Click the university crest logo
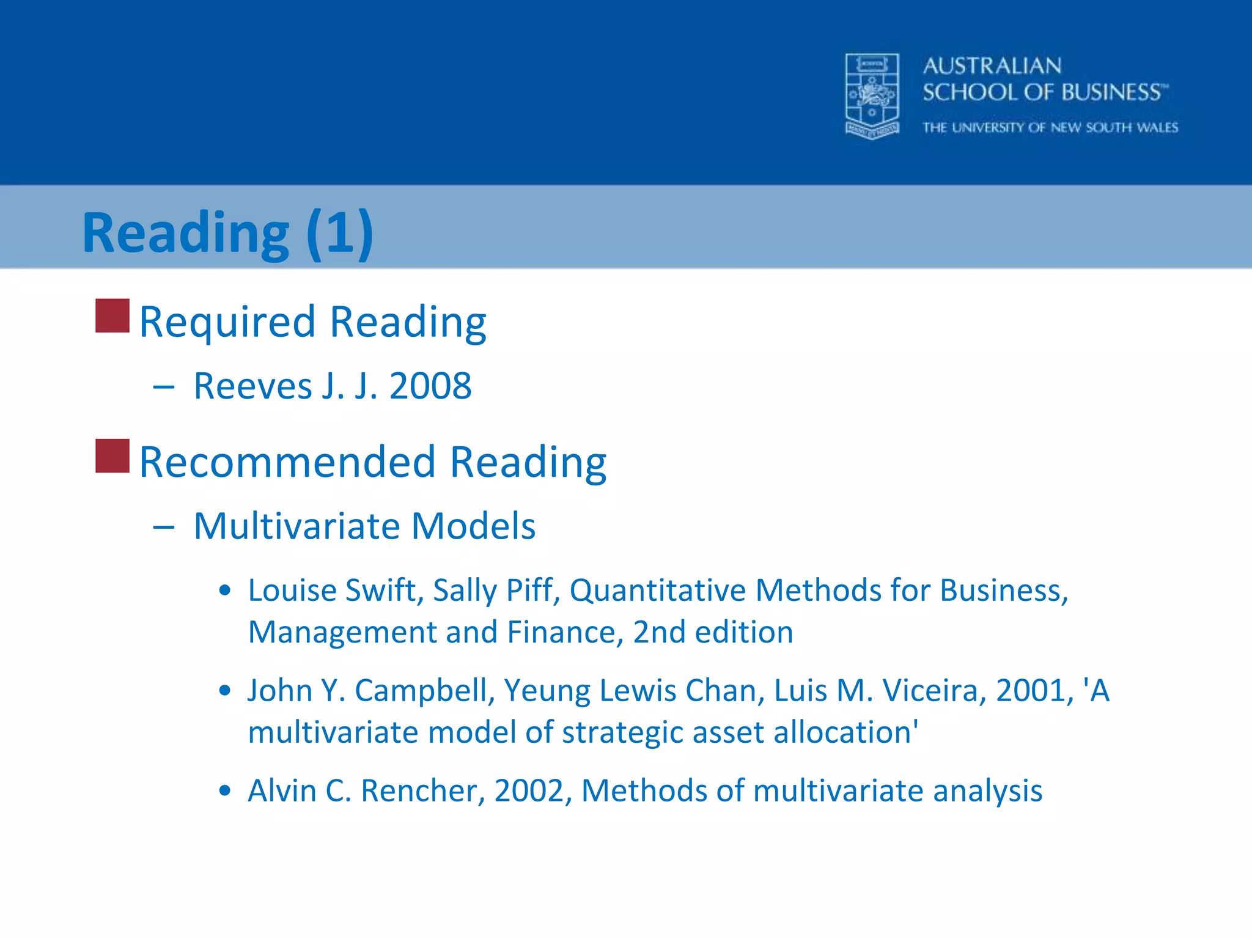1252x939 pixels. (872, 96)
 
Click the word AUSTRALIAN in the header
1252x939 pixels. (992, 66)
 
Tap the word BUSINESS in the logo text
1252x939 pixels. (1111, 92)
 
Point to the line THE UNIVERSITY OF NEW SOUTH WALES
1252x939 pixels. (1050, 128)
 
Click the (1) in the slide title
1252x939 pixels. (339, 232)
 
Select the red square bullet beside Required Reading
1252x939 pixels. (112, 315)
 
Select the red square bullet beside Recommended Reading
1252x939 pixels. (112, 455)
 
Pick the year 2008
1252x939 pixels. (430, 386)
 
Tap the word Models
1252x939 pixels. (474, 526)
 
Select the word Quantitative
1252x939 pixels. (658, 591)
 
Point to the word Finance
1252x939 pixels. (564, 632)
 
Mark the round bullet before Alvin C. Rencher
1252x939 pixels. (225, 790)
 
